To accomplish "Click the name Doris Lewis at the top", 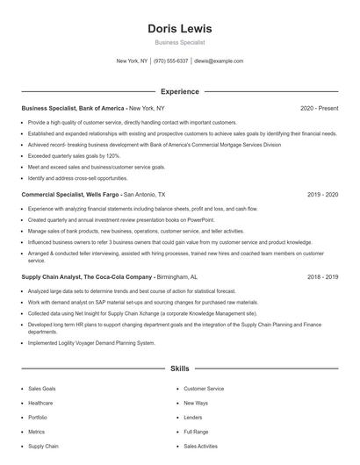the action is [x=179, y=29].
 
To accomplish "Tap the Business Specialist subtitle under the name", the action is [x=179, y=42].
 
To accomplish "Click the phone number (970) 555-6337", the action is [x=171, y=61].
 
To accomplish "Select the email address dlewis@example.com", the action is [x=219, y=61].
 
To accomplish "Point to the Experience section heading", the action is [x=179, y=91].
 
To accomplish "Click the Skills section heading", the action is [x=179, y=369].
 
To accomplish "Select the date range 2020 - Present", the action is [x=319, y=108].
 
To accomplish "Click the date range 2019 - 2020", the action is [x=323, y=194].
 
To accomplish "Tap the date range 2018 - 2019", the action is [x=323, y=276].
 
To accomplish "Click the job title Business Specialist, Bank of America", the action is [x=74, y=108].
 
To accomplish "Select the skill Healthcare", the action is [x=41, y=403].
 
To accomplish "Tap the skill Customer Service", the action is [x=204, y=388].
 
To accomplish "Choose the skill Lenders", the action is [x=193, y=418].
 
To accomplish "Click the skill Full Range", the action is [x=196, y=432].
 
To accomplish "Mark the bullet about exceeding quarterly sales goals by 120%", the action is [x=74, y=154].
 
